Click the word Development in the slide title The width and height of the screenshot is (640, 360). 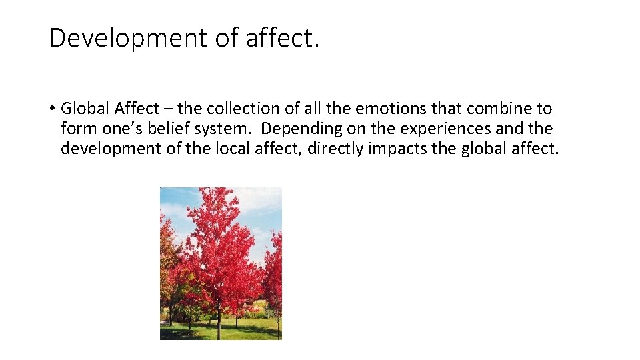click(x=128, y=39)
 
